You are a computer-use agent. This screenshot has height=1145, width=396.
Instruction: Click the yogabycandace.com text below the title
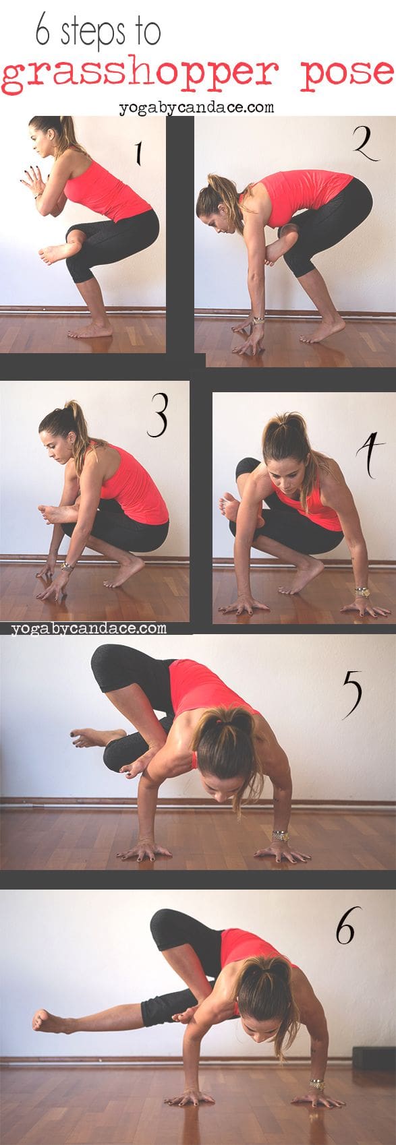196,107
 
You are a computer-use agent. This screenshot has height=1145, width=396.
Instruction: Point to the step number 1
138,153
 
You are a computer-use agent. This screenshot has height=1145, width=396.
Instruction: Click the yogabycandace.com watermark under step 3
89,627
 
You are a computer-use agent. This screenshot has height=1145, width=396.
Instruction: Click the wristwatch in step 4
363,592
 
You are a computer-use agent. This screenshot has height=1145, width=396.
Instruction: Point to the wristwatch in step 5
280,836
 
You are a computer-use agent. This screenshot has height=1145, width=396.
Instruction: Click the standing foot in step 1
90,330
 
